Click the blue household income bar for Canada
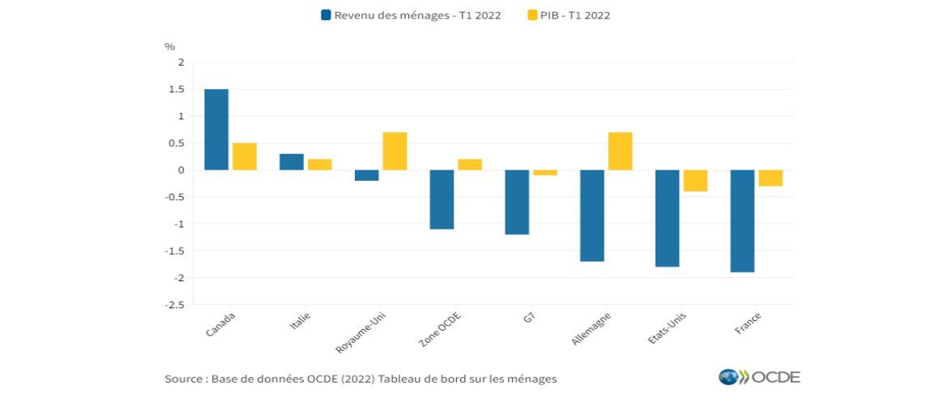pyautogui.click(x=216, y=130)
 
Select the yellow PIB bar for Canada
pyautogui.click(x=245, y=156)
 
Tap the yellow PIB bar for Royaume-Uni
pyautogui.click(x=395, y=151)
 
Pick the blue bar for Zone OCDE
pyautogui.click(x=442, y=199)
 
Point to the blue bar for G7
pyautogui.click(x=517, y=202)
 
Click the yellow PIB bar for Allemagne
pyautogui.click(x=620, y=151)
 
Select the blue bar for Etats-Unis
pyautogui.click(x=667, y=218)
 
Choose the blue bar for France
pyautogui.click(x=742, y=220)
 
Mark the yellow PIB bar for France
pyautogui.click(x=771, y=178)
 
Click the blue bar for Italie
pyautogui.click(x=292, y=162)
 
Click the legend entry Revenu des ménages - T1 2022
pyautogui.click(x=412, y=15)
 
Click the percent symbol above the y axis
pyautogui.click(x=169, y=46)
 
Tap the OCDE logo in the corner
pyautogui.click(x=759, y=377)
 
